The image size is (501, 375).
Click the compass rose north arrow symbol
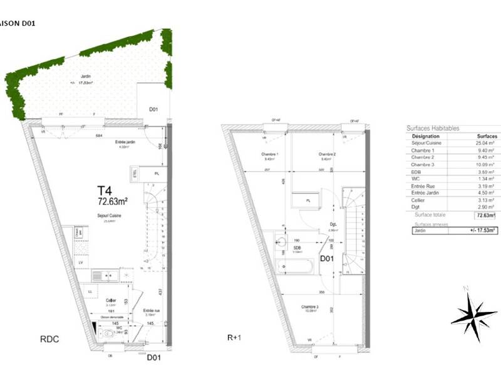click(473, 311)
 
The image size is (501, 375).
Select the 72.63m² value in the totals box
click(485, 215)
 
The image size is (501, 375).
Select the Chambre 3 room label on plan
click(309, 307)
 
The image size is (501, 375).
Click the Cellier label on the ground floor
click(110, 300)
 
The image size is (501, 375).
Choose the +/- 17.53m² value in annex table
click(484, 230)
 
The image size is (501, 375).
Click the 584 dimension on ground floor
click(98, 135)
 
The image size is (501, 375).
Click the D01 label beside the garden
click(153, 110)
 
